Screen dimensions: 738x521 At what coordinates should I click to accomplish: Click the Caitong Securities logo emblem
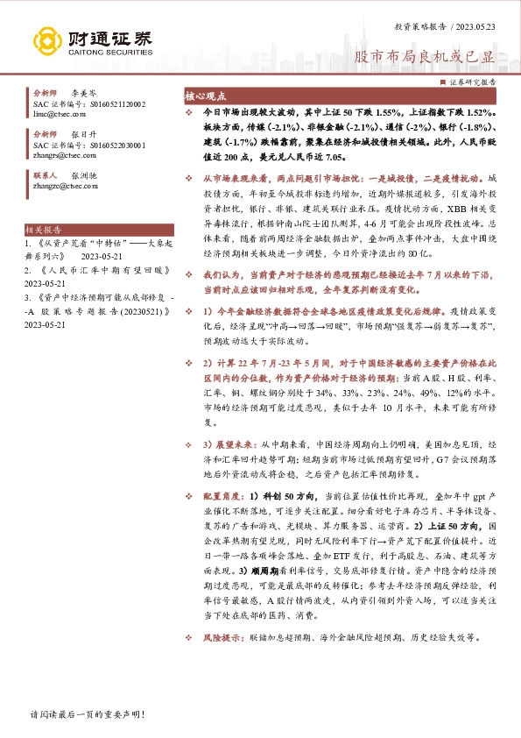tap(48, 41)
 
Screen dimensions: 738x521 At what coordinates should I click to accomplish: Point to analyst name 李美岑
tap(83, 91)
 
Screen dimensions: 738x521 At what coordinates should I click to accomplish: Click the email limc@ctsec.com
tap(53, 114)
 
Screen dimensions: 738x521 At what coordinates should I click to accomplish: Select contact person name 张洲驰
tap(83, 174)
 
